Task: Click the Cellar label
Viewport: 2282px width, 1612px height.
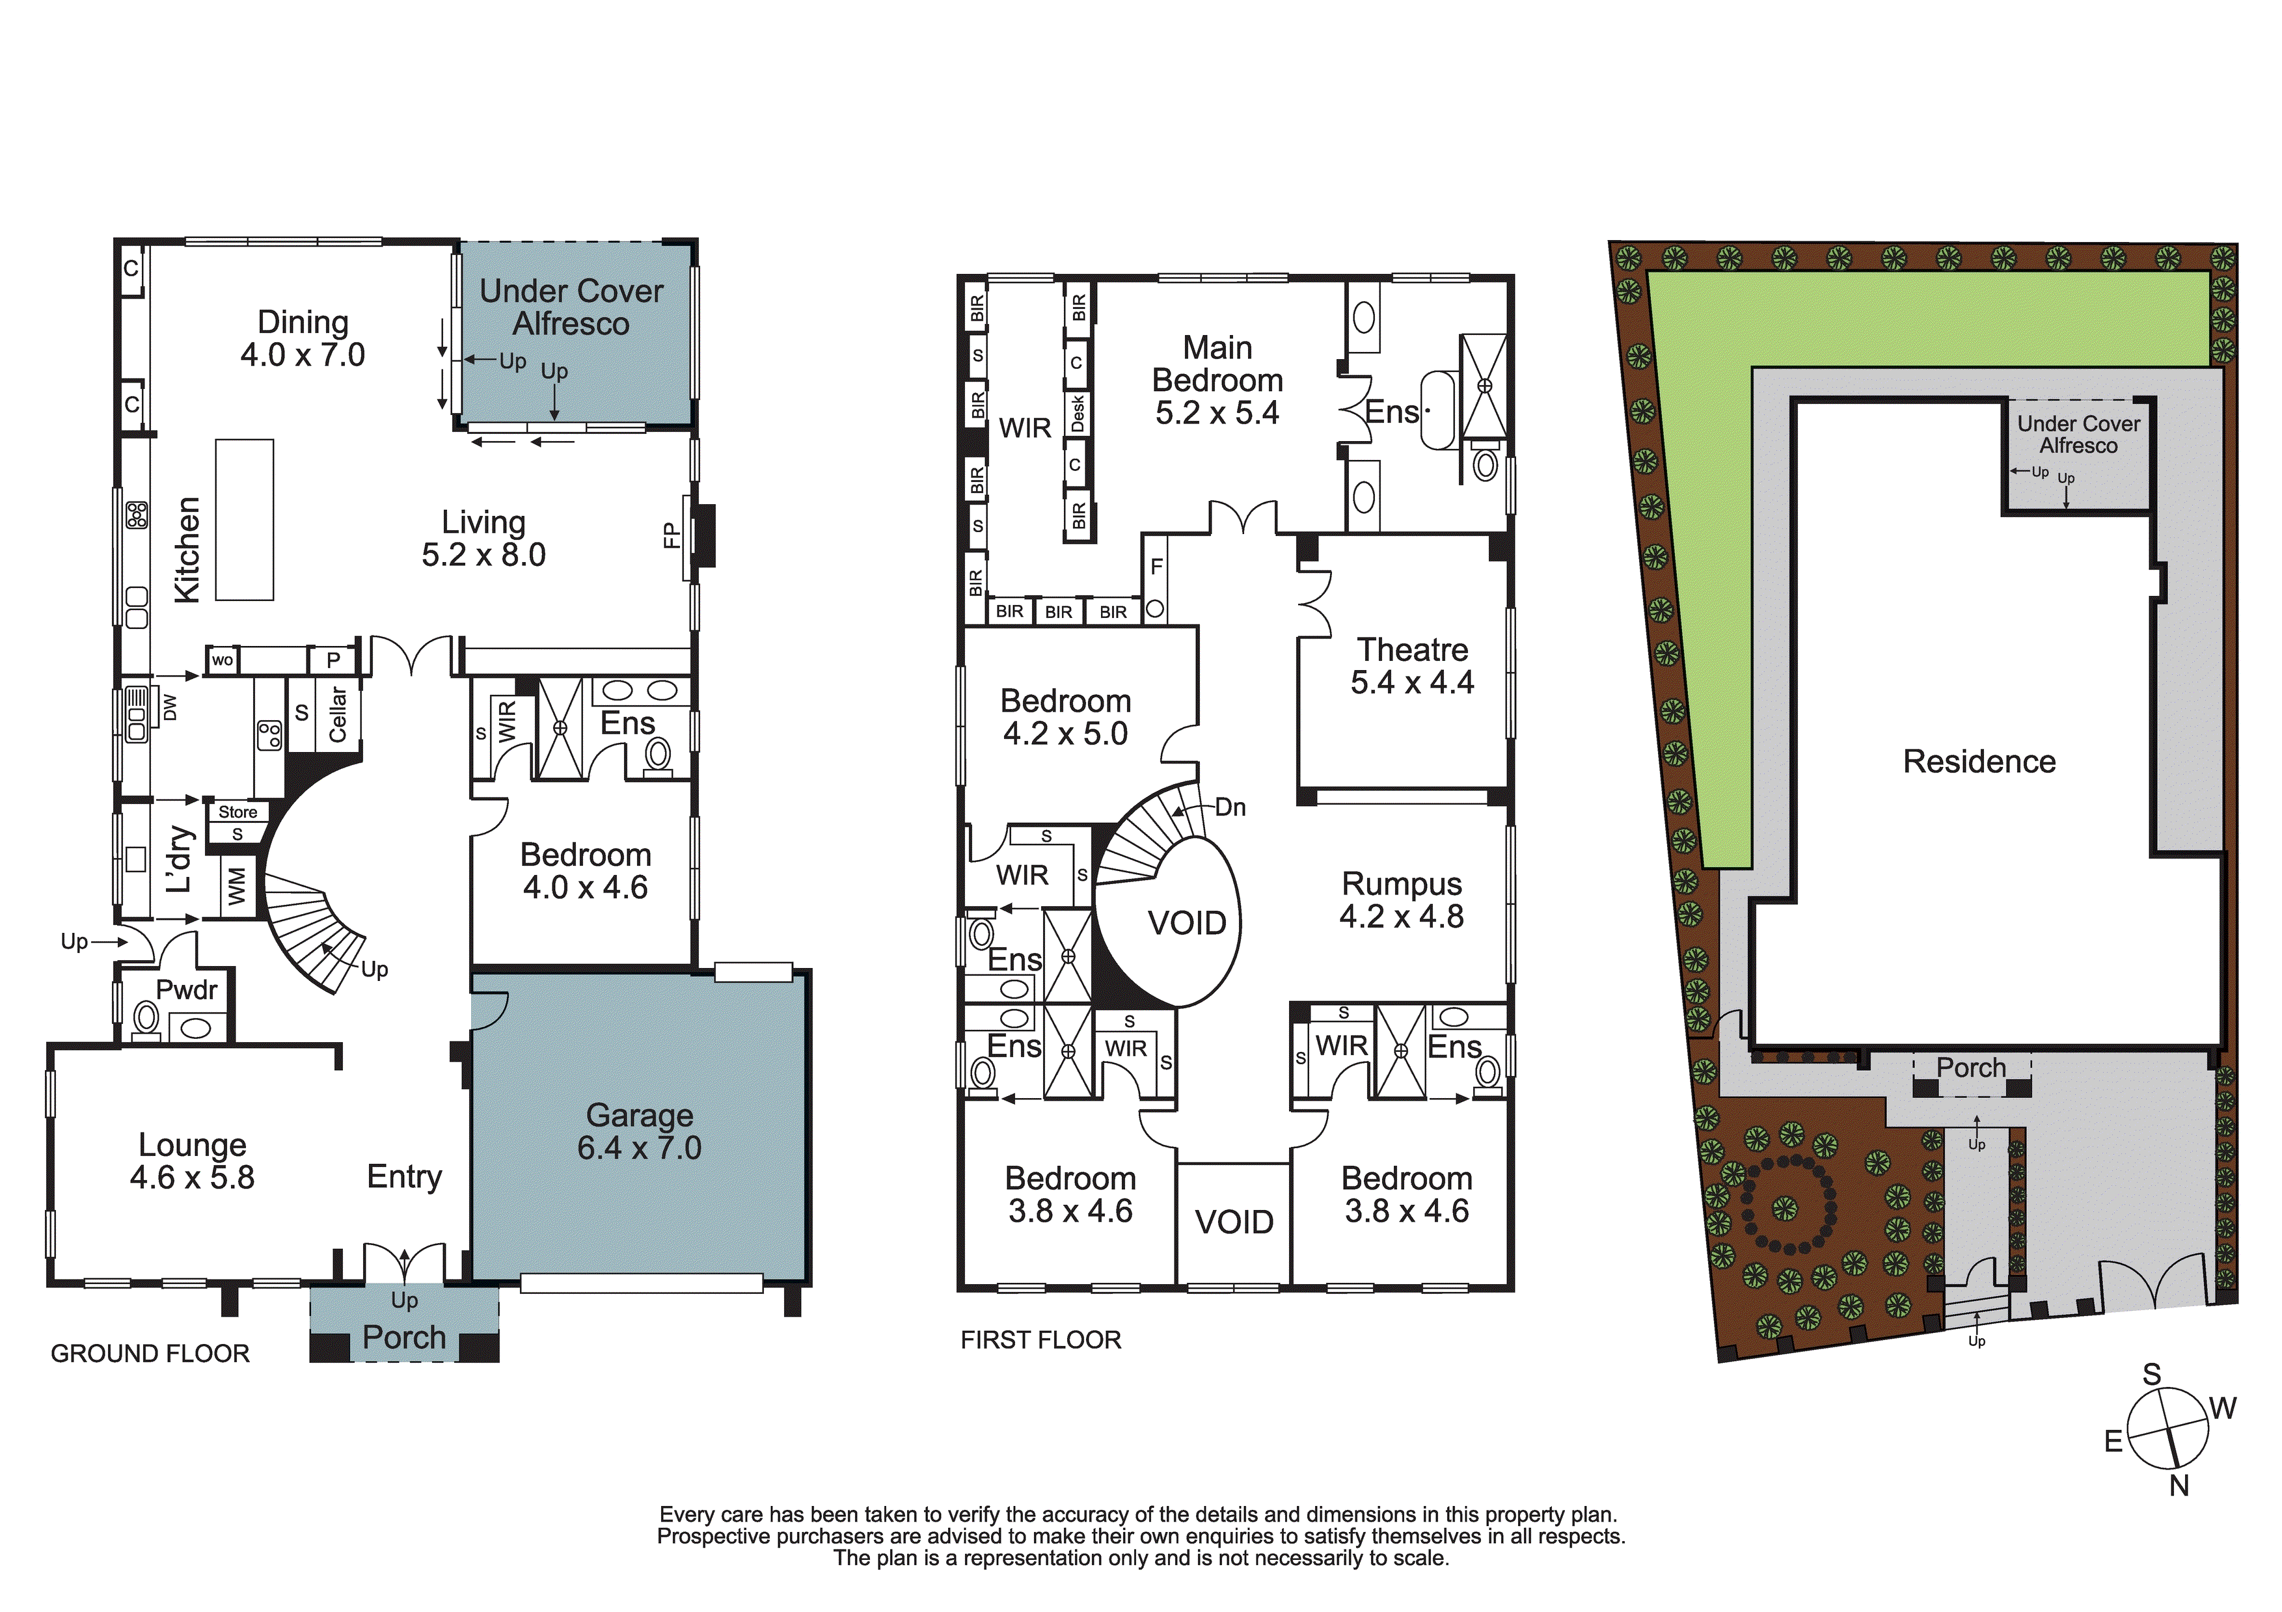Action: point(337,714)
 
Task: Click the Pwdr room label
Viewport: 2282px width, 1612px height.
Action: point(186,990)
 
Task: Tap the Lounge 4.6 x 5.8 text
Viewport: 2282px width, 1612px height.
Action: point(192,1161)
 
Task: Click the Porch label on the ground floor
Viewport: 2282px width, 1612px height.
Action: point(403,1337)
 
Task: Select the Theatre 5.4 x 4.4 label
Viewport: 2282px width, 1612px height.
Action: point(1411,666)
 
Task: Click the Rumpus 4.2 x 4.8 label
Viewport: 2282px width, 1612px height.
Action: point(1402,900)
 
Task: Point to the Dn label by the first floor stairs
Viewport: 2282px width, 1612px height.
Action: point(1230,807)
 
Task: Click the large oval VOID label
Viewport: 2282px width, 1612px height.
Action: point(1187,923)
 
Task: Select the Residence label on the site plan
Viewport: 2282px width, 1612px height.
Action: point(1979,761)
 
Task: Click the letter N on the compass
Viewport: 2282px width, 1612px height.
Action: point(2179,1486)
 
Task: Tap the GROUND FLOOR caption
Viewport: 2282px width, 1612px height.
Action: point(150,1354)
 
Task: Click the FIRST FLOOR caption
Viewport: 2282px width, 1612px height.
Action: point(1040,1339)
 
